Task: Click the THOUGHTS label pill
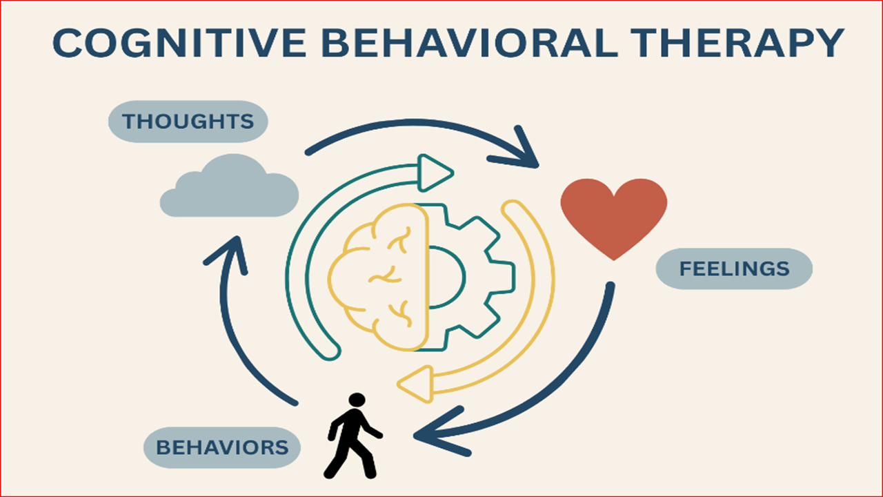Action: coord(188,121)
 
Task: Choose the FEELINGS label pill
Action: coord(733,269)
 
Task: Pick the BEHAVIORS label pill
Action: coord(222,447)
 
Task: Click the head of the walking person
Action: coord(357,400)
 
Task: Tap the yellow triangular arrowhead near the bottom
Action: coord(416,382)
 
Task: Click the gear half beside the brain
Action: coord(476,276)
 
